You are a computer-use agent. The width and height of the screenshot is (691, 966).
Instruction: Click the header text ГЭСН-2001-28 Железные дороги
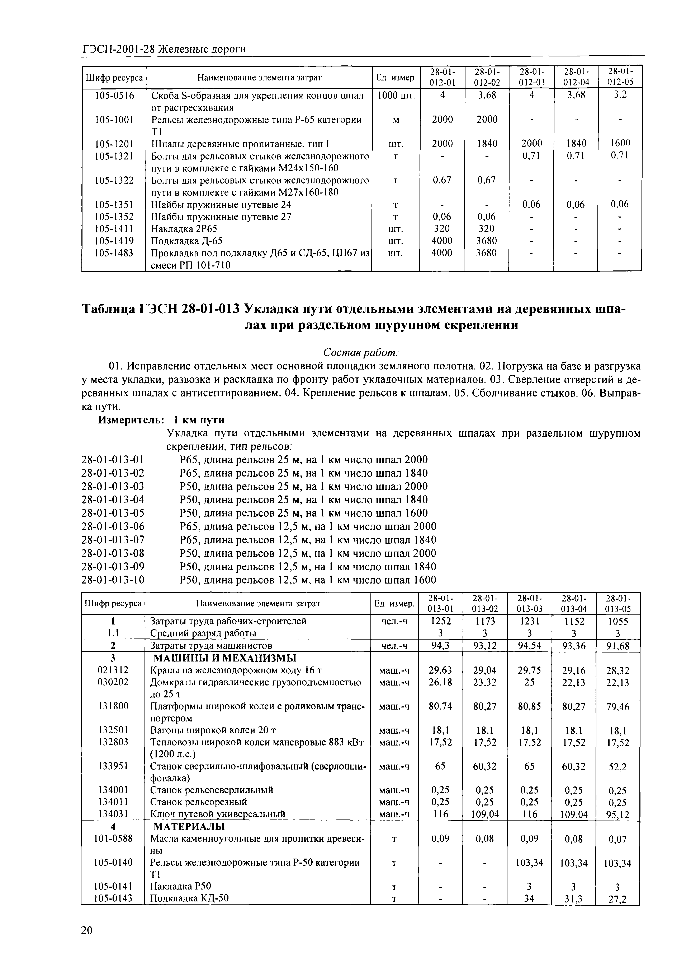pos(164,49)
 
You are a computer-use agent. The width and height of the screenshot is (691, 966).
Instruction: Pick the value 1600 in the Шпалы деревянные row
pos(620,143)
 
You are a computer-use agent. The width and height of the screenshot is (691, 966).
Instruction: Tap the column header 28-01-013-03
pos(529,603)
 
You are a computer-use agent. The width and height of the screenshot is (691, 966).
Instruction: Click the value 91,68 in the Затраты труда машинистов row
pos(618,646)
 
